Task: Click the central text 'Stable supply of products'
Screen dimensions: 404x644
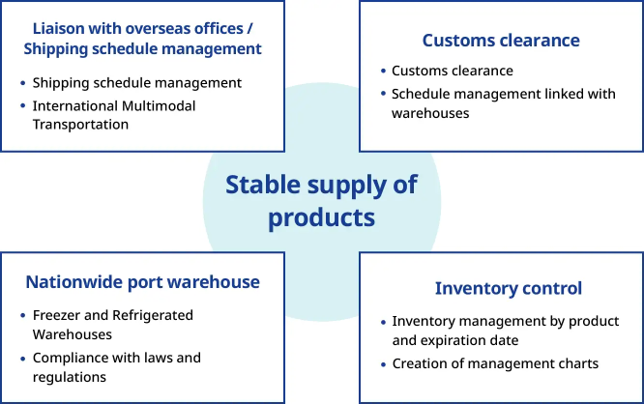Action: (321, 200)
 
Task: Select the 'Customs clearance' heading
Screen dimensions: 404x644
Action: (501, 41)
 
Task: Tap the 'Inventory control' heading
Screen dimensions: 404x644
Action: (508, 288)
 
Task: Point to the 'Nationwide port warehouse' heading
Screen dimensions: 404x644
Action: (142, 282)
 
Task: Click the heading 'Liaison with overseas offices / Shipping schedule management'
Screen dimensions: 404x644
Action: (142, 37)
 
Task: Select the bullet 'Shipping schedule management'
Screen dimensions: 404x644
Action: (136, 82)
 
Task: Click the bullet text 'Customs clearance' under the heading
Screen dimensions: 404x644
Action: (452, 71)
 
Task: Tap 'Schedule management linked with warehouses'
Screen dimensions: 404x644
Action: (505, 103)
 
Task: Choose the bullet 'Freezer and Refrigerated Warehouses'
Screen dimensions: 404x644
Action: (112, 325)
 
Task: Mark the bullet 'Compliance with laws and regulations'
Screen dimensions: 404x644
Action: (116, 367)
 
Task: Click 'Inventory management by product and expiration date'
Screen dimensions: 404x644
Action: (504, 331)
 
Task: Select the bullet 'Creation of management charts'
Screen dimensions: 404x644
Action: (495, 363)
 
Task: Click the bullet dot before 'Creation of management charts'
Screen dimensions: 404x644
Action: (382, 364)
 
